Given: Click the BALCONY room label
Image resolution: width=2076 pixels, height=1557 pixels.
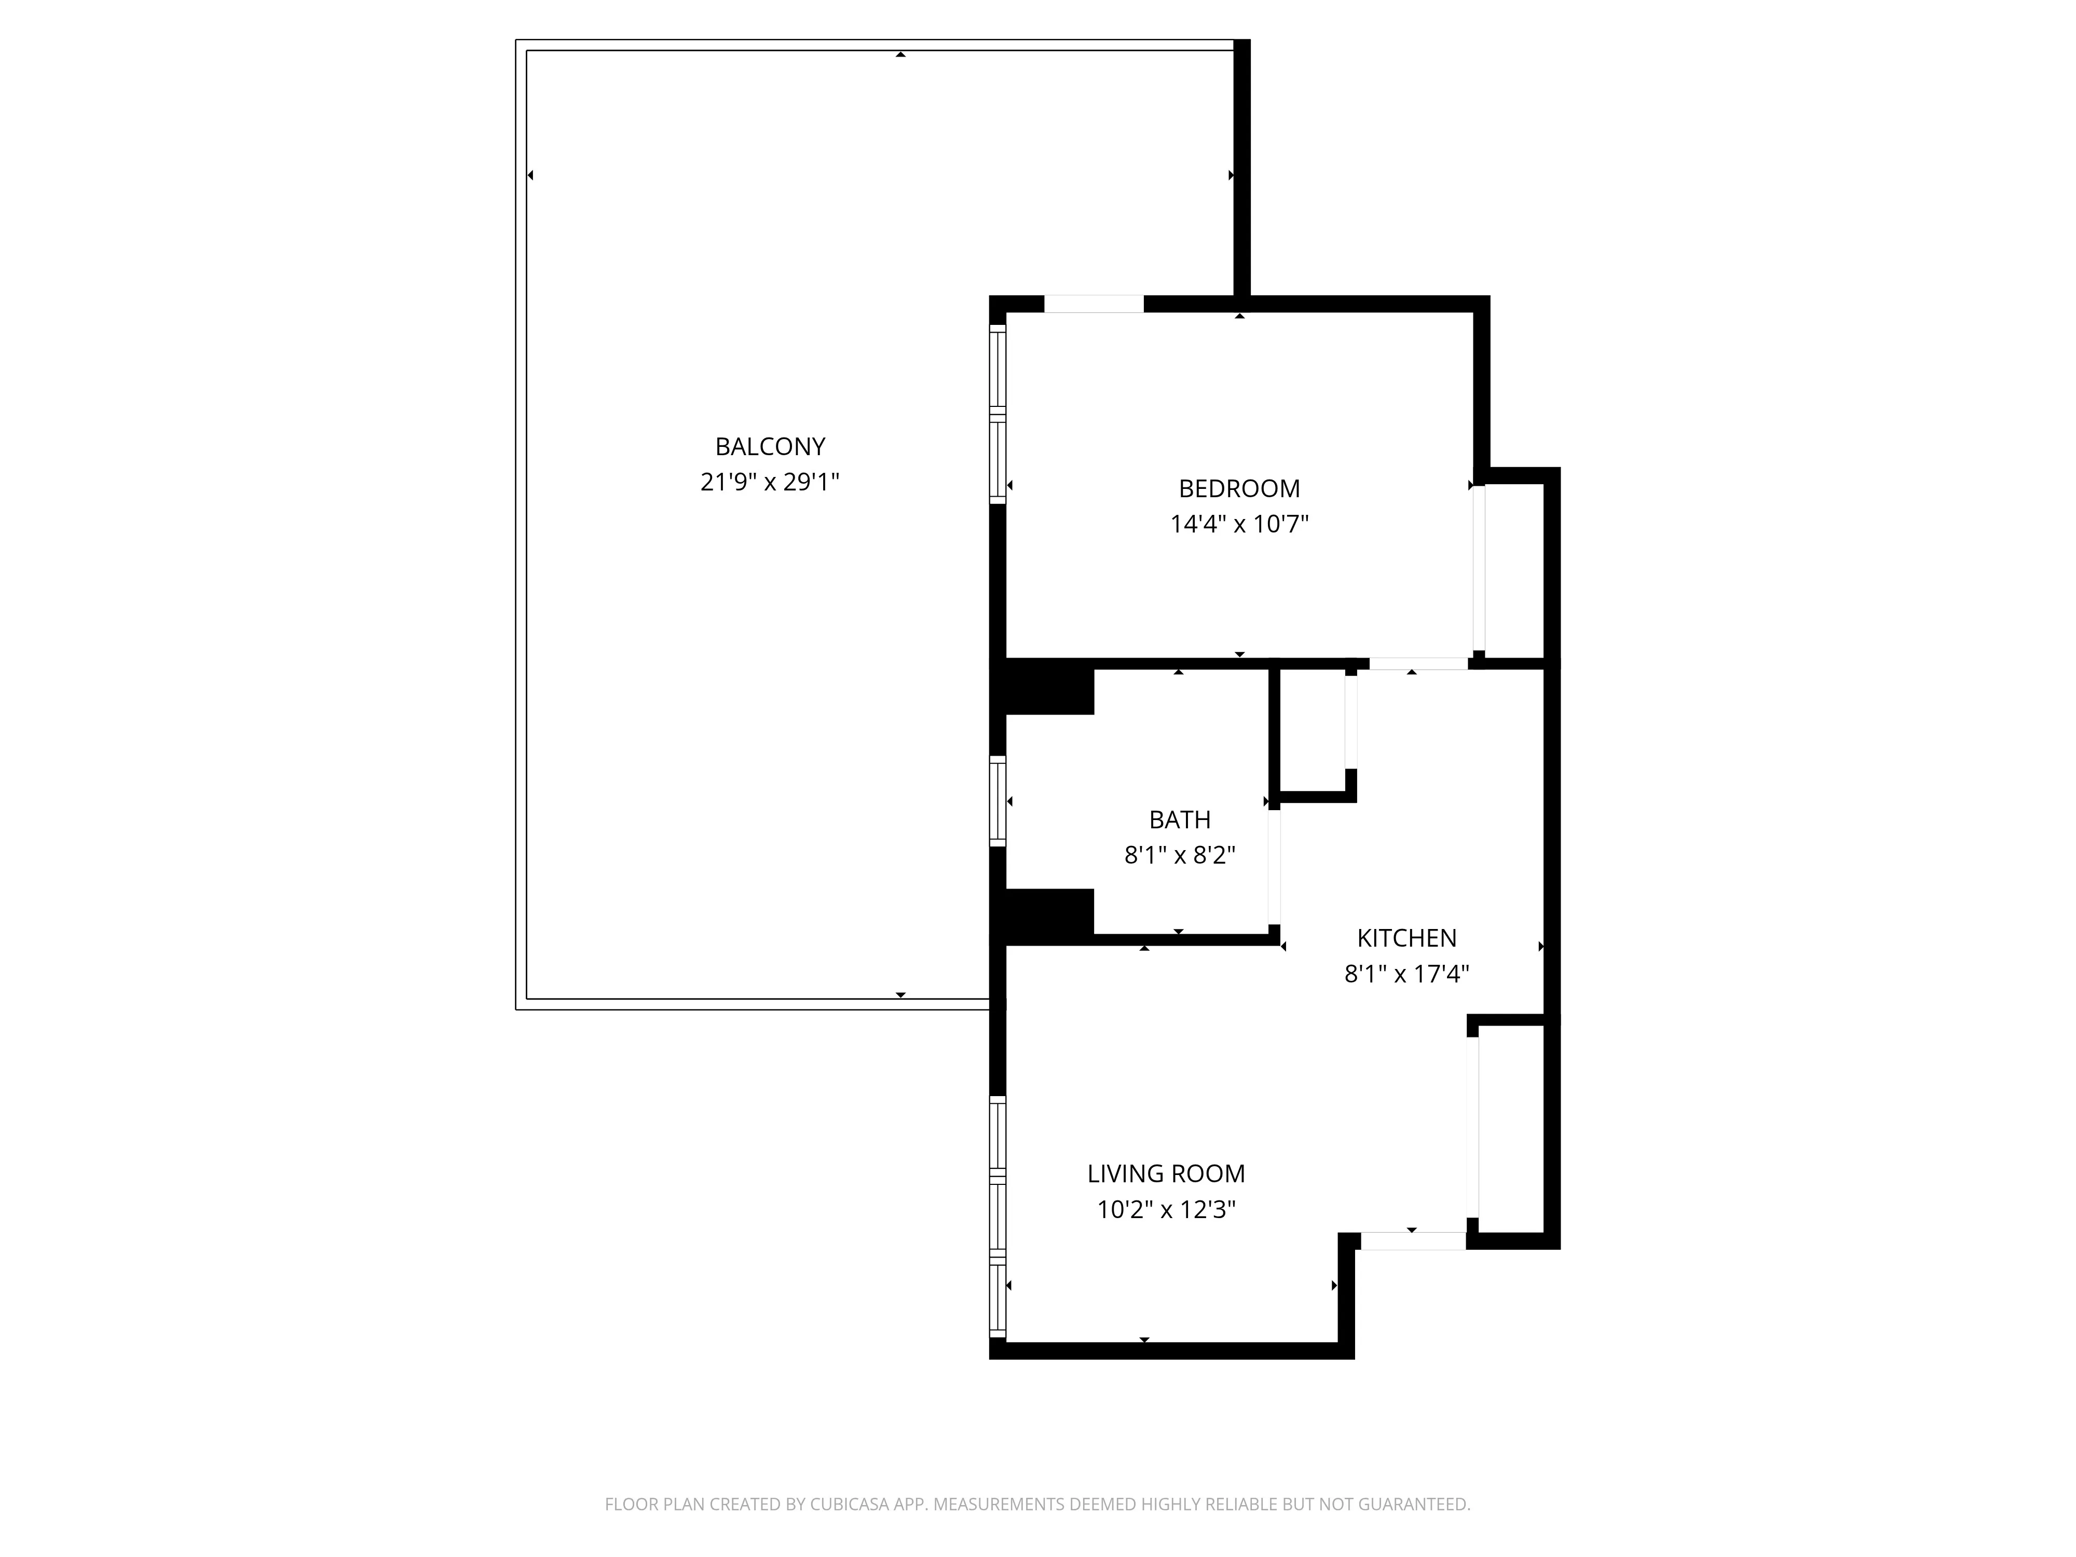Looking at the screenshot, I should pos(770,447).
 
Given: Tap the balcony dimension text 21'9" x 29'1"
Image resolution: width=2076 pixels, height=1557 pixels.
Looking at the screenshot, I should pos(770,482).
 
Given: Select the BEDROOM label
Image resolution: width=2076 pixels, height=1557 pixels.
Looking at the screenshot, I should pos(1239,489).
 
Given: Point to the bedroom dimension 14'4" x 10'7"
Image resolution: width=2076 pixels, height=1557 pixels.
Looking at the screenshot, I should pos(1239,525).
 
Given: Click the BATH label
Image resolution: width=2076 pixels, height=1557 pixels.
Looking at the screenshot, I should pos(1180,820).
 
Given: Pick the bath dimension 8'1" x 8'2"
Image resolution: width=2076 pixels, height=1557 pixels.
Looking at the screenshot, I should pos(1180,856).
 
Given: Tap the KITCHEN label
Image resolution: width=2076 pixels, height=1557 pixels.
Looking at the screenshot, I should pos(1406,938).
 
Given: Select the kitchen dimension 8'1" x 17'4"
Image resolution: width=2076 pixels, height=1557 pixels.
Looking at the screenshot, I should pos(1406,974).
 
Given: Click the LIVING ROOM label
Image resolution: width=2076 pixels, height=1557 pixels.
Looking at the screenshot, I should pos(1166,1174).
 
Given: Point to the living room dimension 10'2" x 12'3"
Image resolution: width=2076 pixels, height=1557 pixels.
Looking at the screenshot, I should pos(1166,1210).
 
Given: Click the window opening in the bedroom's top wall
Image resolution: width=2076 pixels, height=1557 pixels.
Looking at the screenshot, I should pos(1094,304).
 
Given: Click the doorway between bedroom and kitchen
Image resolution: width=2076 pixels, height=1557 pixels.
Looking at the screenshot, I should pos(1417,663).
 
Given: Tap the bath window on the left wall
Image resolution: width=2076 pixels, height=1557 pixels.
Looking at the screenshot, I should pos(998,800).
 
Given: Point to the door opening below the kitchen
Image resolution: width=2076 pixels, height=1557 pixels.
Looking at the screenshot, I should pos(1413,1241).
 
